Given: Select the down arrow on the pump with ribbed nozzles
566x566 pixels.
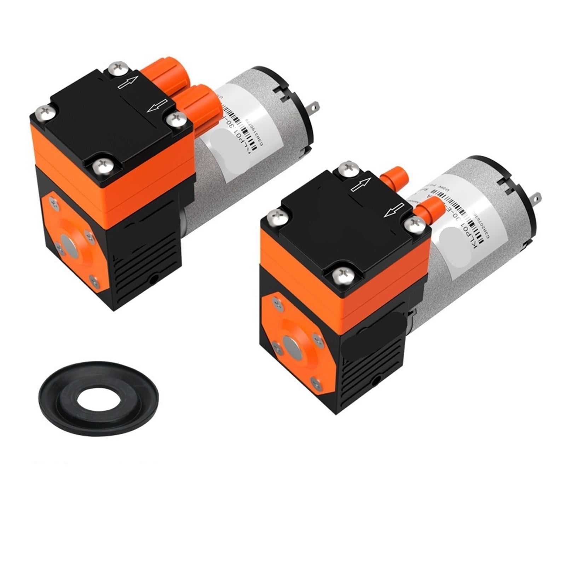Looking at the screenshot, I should tap(157, 105).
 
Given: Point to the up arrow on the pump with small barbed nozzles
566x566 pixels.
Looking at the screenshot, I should tap(361, 184).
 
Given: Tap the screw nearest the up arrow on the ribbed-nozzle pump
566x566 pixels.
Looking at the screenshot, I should tap(117, 68).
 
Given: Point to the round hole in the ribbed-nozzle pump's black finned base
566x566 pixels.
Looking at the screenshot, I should tap(154, 280).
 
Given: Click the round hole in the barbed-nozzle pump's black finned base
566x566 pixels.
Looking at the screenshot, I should tap(376, 381).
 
